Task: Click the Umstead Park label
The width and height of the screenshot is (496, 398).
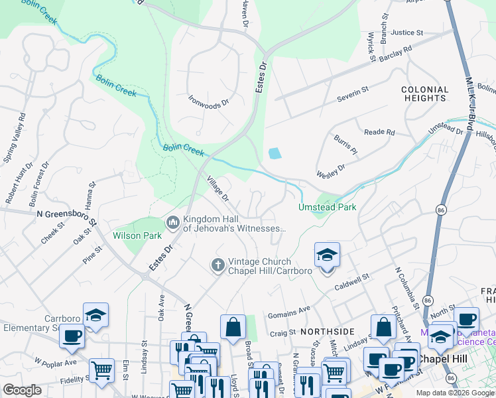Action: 328,207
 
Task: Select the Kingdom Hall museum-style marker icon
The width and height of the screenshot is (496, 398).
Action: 173,222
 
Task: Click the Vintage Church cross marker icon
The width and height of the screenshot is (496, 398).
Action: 217,265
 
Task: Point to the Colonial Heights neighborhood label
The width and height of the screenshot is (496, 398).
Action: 424,94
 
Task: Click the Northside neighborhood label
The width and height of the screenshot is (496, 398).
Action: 327,330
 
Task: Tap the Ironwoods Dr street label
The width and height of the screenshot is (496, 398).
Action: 208,101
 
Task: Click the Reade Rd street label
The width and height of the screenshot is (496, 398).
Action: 379,132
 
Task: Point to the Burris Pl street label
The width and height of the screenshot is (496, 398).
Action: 345,147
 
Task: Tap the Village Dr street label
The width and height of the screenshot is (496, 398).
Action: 217,188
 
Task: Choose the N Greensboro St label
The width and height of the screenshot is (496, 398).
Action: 66,214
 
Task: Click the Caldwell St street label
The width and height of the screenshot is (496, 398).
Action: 351,285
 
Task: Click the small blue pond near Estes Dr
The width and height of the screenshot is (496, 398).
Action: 275,153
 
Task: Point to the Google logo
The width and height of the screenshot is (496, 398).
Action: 23,390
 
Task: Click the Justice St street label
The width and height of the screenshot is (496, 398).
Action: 406,33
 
